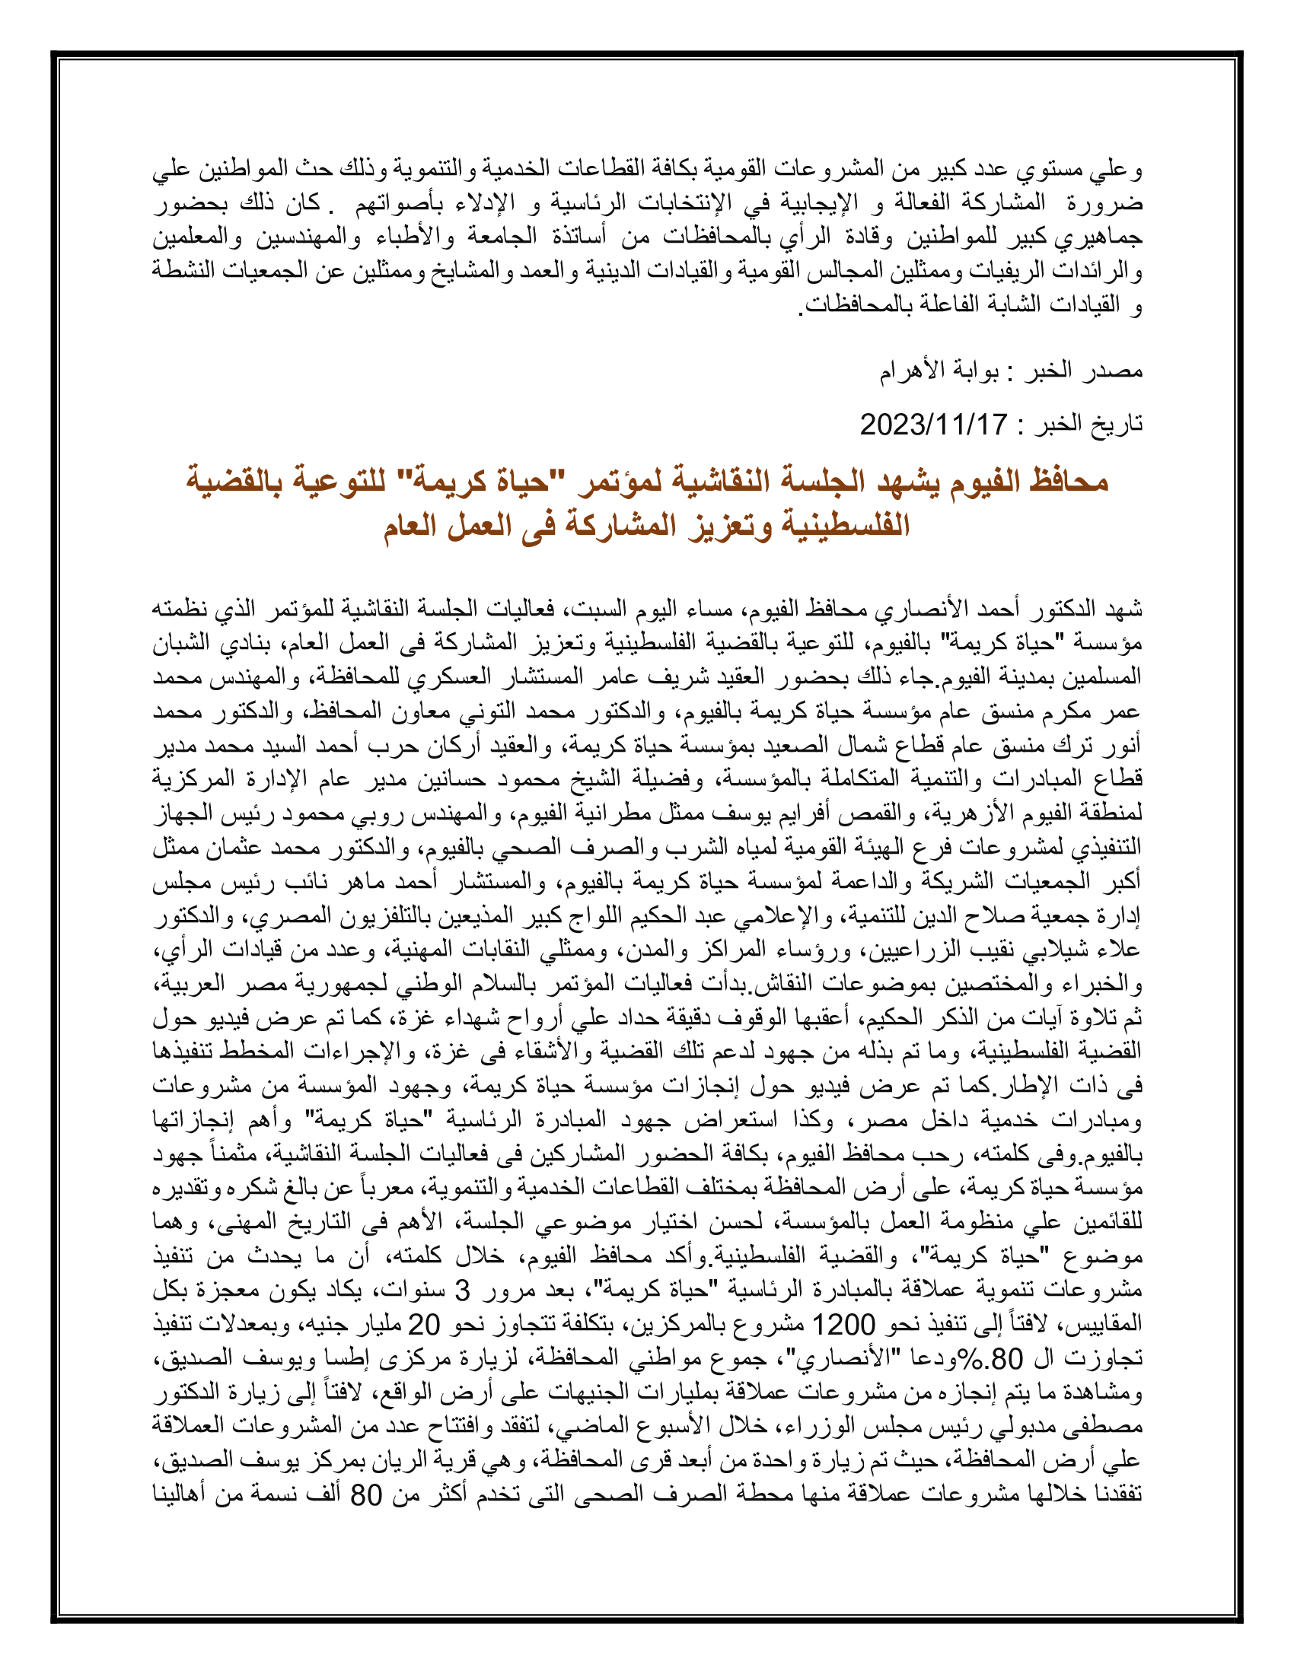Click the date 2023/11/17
[933, 424]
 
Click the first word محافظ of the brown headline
[1069, 482]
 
